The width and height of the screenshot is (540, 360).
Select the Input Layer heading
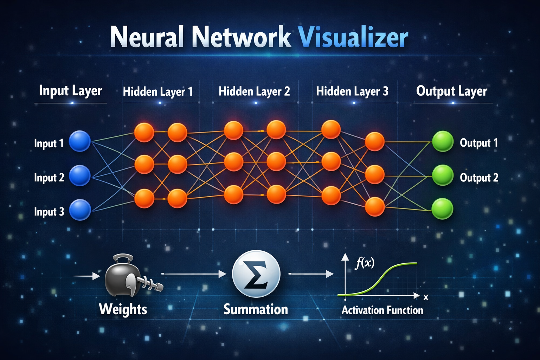click(x=70, y=91)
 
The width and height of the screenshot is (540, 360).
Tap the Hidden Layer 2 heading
click(x=254, y=91)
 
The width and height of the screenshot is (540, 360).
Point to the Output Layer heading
click(x=451, y=91)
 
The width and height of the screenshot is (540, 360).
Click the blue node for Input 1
click(x=80, y=141)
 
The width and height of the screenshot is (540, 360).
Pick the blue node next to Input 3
click(x=80, y=210)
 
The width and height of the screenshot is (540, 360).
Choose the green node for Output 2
click(x=442, y=175)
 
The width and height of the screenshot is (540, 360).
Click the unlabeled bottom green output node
click(x=442, y=209)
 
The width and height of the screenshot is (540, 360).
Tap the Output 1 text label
click(x=478, y=143)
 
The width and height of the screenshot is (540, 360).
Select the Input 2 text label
click(x=49, y=178)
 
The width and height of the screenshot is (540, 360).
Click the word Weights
click(x=123, y=309)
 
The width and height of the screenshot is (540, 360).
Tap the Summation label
click(x=256, y=309)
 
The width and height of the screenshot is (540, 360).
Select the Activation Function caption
click(x=382, y=310)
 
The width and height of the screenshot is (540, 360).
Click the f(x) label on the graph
click(x=364, y=263)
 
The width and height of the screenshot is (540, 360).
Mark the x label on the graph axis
click(x=426, y=297)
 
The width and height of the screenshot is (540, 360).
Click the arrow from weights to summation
click(x=194, y=274)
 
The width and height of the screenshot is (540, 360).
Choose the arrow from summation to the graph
click(x=311, y=274)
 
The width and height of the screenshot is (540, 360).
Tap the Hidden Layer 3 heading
click(x=352, y=91)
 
